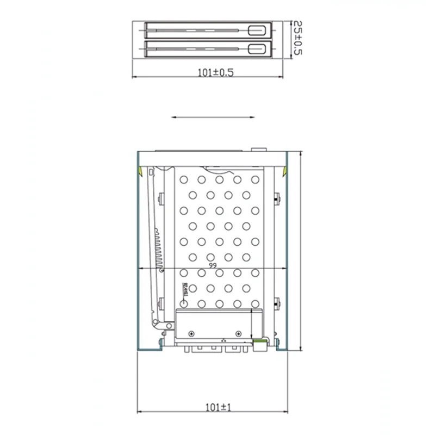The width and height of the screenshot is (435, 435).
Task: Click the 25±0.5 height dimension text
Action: pos(297,39)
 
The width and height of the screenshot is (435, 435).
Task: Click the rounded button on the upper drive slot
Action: pos(256,30)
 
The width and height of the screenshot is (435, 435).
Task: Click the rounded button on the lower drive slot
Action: pos(256,49)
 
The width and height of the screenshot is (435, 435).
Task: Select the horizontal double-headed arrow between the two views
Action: pos(213,116)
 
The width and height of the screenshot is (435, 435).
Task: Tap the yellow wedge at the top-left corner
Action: pos(140,171)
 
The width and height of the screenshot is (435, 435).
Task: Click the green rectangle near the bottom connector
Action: pos(260,342)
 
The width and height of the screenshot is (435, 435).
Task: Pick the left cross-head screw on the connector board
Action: pos(191,332)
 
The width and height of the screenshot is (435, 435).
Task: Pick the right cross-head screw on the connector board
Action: pos(238,332)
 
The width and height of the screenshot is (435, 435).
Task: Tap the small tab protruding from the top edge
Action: pos(257,149)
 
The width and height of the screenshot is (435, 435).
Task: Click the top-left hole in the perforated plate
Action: pos(184,179)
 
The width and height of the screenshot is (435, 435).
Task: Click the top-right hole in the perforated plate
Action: pos(255,179)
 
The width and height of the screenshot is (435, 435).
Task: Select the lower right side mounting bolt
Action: pos(278,303)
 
